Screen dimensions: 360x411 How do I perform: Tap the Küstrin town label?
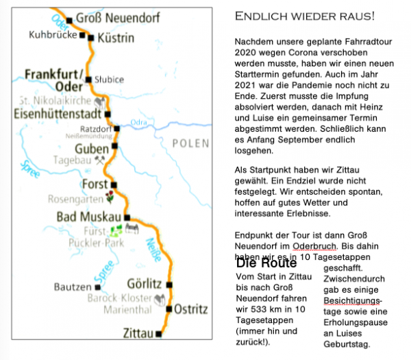[116, 38]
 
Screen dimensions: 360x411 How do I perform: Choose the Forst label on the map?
[95, 184]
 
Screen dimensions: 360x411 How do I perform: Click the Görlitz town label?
[145, 284]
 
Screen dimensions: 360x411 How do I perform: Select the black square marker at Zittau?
[159, 335]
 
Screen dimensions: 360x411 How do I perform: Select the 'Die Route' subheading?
[266, 263]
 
